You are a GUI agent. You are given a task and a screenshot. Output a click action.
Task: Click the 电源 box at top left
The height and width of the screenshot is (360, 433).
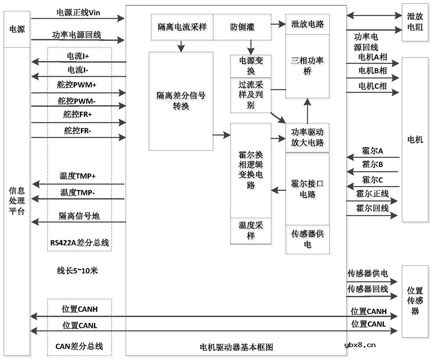tap(17, 29)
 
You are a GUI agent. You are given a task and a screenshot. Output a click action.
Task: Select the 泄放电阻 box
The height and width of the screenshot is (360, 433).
tap(415, 23)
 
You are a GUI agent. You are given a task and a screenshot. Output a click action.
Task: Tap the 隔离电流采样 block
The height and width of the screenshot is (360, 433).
tap(182, 27)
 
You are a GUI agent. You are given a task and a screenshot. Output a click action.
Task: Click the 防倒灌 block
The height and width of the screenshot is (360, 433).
tap(242, 27)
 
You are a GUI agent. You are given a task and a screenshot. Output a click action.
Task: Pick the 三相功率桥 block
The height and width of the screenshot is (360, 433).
tap(308, 66)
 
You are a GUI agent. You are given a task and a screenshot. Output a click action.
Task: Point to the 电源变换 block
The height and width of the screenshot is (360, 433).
tap(250, 66)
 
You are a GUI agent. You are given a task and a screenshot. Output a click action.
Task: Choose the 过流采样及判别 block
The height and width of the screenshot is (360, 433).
tap(250, 95)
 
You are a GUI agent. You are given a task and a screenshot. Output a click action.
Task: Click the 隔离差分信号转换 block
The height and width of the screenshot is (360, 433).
tap(181, 101)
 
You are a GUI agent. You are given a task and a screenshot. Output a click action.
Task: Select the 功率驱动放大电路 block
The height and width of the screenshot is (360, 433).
tap(308, 138)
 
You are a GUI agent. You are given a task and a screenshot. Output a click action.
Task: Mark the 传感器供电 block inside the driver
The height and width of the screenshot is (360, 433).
tap(308, 239)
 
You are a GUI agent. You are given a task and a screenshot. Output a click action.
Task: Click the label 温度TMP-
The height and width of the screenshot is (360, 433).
tap(78, 192)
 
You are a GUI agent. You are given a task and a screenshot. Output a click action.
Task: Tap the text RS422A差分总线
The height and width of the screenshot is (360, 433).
tap(79, 242)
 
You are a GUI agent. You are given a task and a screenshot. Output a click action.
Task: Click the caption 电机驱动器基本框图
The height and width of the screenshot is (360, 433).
tap(236, 347)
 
